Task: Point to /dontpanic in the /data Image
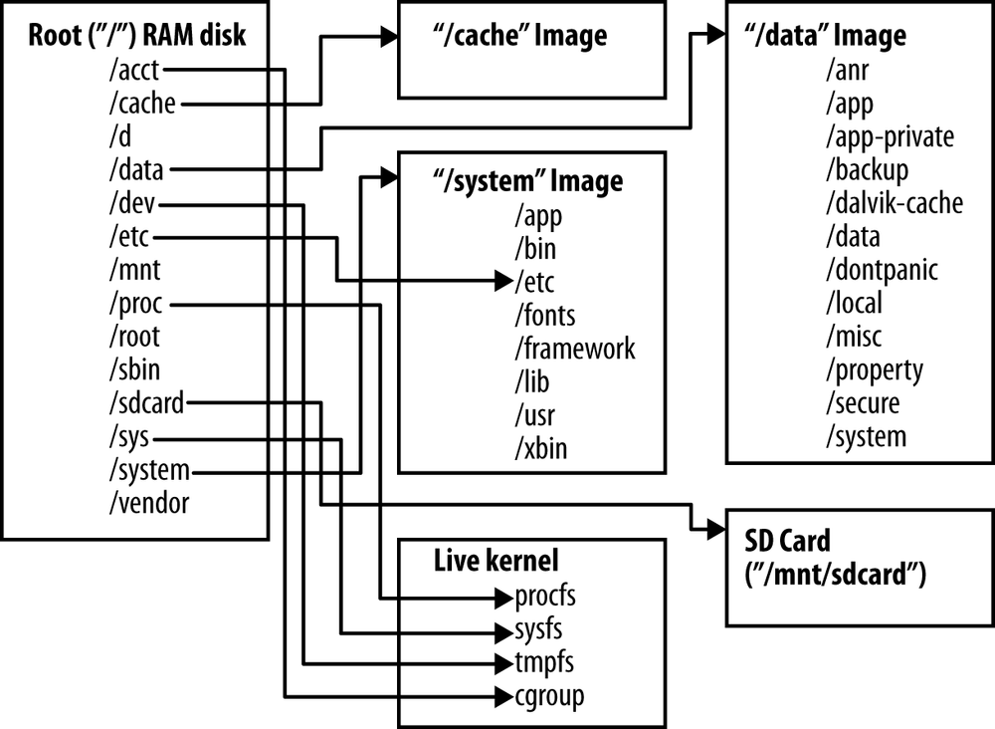click(881, 269)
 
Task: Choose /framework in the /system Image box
click(574, 348)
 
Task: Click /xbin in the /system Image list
click(540, 448)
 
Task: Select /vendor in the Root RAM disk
click(148, 502)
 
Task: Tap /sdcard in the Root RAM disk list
click(146, 402)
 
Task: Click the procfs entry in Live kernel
click(546, 597)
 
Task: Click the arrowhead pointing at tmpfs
click(503, 662)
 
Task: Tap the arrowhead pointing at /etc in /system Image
click(503, 281)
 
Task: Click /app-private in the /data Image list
click(889, 135)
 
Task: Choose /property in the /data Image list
click(874, 369)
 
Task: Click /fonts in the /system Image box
click(544, 315)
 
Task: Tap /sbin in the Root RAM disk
click(133, 369)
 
